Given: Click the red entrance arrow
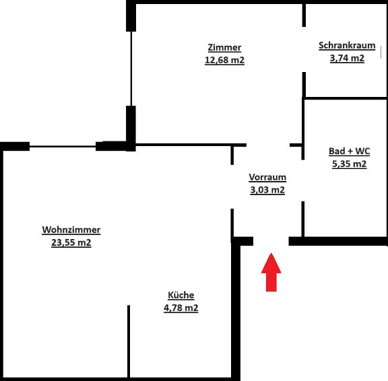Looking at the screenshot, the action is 271,273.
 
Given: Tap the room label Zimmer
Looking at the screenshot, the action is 224,48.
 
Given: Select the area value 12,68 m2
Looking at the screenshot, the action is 224,60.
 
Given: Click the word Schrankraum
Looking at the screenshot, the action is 347,46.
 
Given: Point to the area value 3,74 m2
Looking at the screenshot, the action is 347,58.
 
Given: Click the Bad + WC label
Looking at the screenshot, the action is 349,151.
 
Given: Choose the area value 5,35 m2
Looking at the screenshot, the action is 349,164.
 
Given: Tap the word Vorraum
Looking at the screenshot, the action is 267,177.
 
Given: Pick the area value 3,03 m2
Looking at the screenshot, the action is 267,190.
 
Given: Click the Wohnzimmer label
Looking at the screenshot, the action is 71,230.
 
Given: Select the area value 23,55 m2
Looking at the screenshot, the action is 71,242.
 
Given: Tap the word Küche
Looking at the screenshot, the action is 181,295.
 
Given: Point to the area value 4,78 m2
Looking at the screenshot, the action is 181,308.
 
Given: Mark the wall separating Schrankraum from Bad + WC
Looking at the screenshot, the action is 346,98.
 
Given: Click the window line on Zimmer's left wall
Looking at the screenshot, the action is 131,69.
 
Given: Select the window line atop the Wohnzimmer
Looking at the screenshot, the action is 63,147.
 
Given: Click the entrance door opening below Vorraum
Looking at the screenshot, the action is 271,241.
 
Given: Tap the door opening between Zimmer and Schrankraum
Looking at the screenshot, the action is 304,49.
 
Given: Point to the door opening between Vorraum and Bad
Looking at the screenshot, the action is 303,180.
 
